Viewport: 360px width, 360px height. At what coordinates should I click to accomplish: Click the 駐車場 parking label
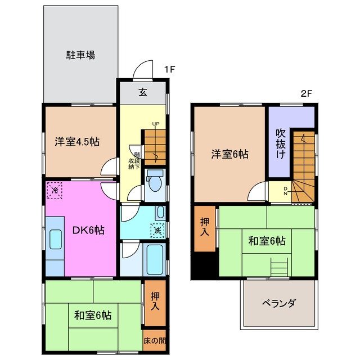[x=80, y=55]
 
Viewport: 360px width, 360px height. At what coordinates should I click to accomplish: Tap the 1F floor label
[x=170, y=69]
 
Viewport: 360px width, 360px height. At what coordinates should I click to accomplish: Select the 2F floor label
[x=307, y=94]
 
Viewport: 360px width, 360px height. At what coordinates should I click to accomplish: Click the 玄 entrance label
[x=143, y=93]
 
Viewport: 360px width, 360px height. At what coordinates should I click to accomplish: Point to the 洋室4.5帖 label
[x=77, y=142]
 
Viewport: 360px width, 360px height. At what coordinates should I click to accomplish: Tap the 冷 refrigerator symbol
[x=55, y=190]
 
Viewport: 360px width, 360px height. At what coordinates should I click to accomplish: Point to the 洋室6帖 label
[x=231, y=154]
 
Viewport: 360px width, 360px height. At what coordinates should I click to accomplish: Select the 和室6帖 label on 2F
[x=267, y=241]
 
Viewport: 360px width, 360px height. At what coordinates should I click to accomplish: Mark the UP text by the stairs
[x=155, y=125]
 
